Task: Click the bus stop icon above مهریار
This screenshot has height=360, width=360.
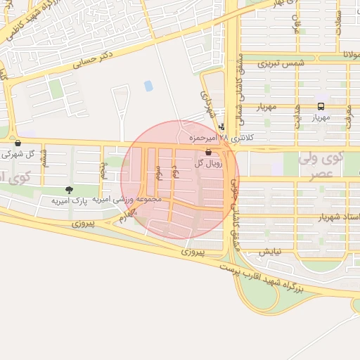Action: point(321,106)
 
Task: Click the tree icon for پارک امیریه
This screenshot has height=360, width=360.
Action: point(68,190)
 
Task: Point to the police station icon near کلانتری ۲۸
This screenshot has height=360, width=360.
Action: point(222,127)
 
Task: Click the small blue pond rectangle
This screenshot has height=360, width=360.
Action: point(148,86)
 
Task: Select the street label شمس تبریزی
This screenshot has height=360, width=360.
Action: point(281,63)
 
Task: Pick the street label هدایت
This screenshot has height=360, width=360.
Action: point(297,117)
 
